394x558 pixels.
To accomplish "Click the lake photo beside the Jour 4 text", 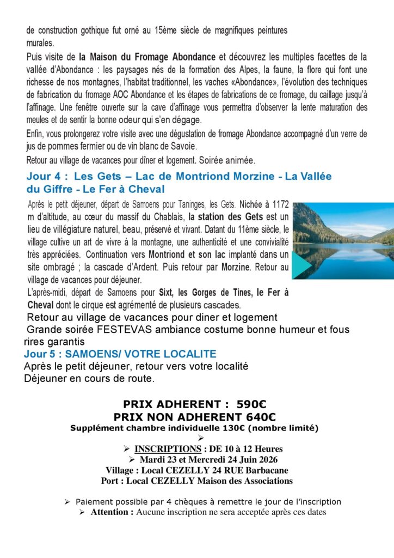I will pos(343,240).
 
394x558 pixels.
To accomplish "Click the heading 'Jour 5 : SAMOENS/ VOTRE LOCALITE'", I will pos(120,354).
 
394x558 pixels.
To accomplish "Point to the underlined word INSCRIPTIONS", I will pos(168,449).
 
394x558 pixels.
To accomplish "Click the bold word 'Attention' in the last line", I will pos(112,512).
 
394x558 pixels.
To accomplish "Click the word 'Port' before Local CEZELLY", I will pos(111,481).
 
